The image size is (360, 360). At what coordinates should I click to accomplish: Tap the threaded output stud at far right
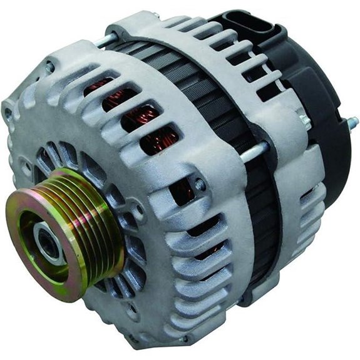[x=352, y=121]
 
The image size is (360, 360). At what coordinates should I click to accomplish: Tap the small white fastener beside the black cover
[x=305, y=122]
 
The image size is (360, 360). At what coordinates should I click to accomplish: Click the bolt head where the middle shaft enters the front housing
[x=199, y=185]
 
